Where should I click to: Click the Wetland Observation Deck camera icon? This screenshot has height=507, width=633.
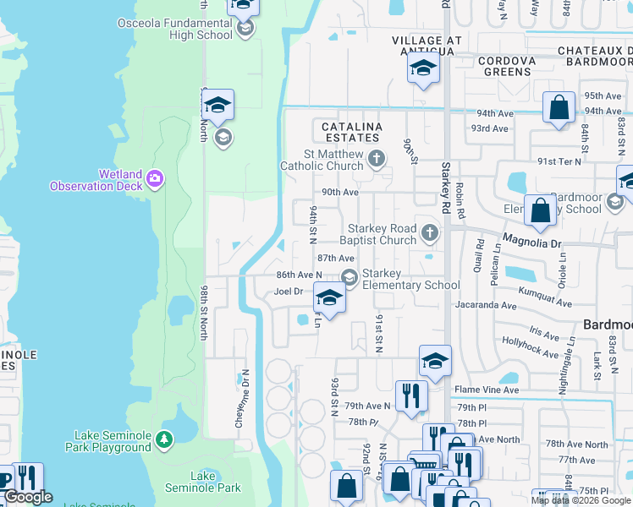pos(155,178)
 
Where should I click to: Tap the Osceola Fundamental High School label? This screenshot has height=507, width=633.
pos(187,29)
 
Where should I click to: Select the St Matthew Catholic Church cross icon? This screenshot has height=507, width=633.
pos(377,157)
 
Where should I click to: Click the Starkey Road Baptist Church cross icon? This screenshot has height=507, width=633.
pos(430,232)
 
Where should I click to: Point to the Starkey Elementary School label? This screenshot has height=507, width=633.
pos(410,279)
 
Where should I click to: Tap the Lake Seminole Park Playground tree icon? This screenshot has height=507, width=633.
pos(164,439)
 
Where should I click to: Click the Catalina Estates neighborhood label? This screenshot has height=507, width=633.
pos(351,132)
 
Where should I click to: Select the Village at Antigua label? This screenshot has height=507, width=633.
pos(428,46)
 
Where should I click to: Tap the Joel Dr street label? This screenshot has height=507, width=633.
pos(288,292)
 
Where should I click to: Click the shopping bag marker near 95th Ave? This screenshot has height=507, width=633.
pos(559,107)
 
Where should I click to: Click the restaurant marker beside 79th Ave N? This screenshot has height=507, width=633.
pos(410,395)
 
